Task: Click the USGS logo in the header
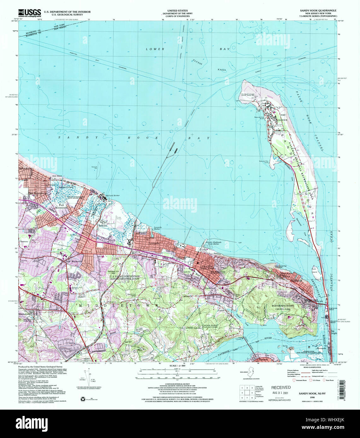(x=29, y=13)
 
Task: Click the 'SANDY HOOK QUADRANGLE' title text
(x=318, y=10)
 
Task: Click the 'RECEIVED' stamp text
(x=281, y=388)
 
